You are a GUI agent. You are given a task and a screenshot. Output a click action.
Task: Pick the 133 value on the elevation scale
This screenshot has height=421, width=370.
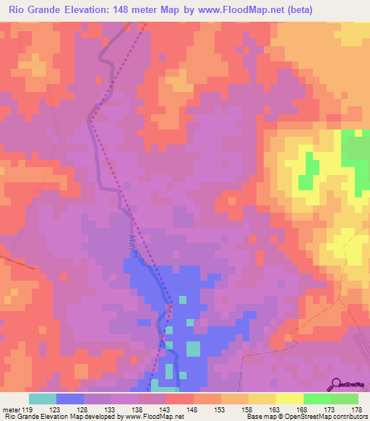pyautogui.click(x=112, y=409)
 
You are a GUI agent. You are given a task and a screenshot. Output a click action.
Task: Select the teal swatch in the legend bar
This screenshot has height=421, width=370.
pyautogui.click(x=42, y=399)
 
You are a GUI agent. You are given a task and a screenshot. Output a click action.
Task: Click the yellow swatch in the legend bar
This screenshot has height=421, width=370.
pyautogui.click(x=289, y=399)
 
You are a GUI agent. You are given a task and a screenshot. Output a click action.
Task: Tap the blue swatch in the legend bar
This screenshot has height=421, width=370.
pyautogui.click(x=70, y=399)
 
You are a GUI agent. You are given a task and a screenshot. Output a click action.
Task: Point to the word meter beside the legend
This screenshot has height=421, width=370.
pyautogui.click(x=11, y=409)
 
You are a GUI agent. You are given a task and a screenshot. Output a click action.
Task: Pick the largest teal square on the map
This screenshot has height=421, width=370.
pyautogui.click(x=193, y=349)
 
